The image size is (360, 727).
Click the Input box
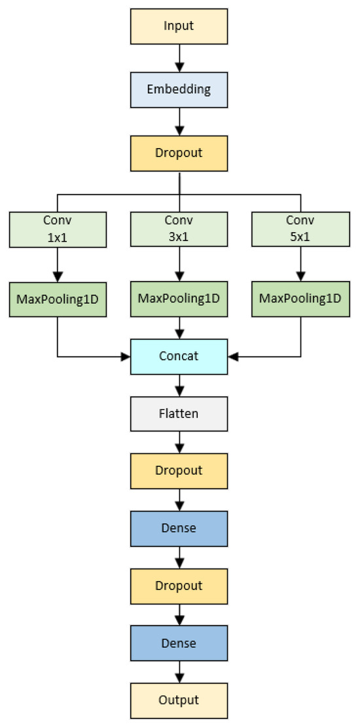(179, 26)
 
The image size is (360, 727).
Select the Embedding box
(179, 89)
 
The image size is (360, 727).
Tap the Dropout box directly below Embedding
(179, 153)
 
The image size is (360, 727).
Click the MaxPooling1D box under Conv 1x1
(57, 299)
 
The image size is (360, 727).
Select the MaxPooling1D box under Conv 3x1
(179, 299)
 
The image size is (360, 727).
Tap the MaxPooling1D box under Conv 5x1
(301, 299)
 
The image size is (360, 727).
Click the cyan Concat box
(179, 356)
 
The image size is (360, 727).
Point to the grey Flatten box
(179, 414)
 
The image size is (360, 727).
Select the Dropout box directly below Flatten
(179, 471)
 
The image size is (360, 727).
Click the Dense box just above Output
(179, 643)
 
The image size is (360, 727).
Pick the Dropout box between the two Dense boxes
(179, 585)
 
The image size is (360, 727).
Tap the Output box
(179, 699)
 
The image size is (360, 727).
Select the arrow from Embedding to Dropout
(179, 121)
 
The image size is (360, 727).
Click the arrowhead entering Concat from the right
(233, 357)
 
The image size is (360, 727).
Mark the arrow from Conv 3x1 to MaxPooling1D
(179, 265)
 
